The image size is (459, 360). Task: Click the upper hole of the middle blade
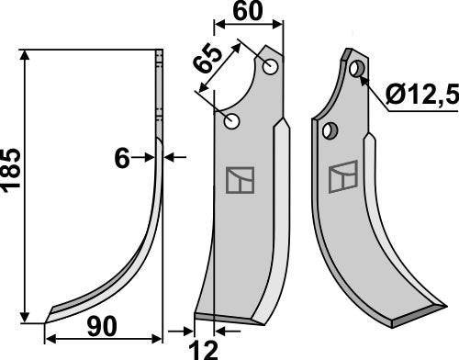pos(271,67)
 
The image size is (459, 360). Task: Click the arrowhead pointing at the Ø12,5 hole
pos(366,81)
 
